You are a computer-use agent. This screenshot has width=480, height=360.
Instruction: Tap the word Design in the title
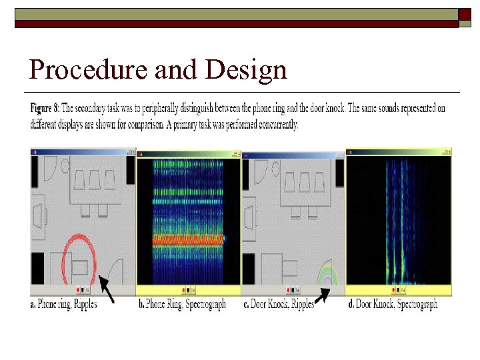[247, 70]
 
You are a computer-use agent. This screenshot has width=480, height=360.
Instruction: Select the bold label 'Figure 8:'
[48, 107]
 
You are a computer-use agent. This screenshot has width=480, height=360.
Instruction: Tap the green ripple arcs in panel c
[328, 273]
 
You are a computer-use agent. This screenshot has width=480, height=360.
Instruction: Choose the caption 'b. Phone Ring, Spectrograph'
[181, 305]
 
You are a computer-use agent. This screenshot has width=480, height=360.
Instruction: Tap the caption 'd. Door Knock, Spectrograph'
[393, 305]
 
